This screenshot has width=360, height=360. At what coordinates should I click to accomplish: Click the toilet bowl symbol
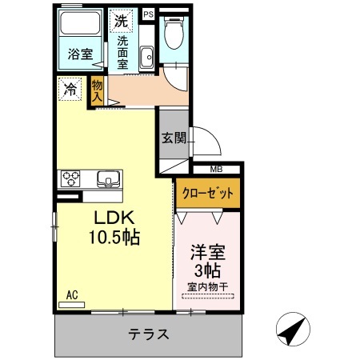tap(174, 33)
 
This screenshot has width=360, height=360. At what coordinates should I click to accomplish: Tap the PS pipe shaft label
tap(149, 14)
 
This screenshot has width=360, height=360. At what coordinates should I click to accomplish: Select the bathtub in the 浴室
tap(80, 23)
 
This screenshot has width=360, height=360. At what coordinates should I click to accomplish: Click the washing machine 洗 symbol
tap(122, 21)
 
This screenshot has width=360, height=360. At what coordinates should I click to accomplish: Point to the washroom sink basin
tap(146, 58)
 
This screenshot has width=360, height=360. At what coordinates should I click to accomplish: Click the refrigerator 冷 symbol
tap(70, 89)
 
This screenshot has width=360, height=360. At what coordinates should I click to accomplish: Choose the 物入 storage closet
tap(97, 92)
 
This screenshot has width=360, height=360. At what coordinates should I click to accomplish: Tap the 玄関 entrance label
tap(174, 138)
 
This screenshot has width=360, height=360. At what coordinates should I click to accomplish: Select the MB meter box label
tap(216, 169)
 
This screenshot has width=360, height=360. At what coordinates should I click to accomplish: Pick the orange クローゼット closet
tap(208, 193)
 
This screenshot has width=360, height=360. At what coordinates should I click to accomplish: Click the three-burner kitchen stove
tap(70, 178)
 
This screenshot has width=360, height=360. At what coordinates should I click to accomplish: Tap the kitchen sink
tap(108, 178)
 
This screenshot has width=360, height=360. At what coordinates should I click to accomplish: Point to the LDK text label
tap(114, 218)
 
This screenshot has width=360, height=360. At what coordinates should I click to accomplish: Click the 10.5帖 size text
tap(114, 237)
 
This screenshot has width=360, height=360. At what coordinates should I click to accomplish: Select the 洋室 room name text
tap(208, 252)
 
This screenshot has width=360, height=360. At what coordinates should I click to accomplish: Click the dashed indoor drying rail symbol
tap(208, 296)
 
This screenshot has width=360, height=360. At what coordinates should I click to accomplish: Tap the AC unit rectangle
tap(71, 305)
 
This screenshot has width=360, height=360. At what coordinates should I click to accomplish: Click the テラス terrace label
tap(149, 334)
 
